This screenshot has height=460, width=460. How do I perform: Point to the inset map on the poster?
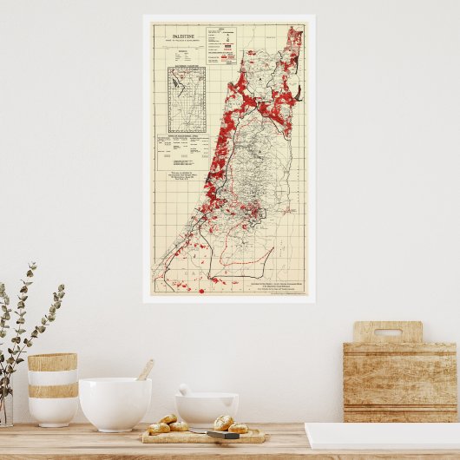click(187, 101)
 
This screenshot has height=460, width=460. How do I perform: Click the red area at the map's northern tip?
click(294, 37)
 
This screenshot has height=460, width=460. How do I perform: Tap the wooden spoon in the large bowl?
click(144, 371)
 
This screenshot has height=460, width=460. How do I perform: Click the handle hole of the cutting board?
click(386, 332)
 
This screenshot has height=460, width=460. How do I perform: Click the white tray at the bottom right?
click(382, 436)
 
